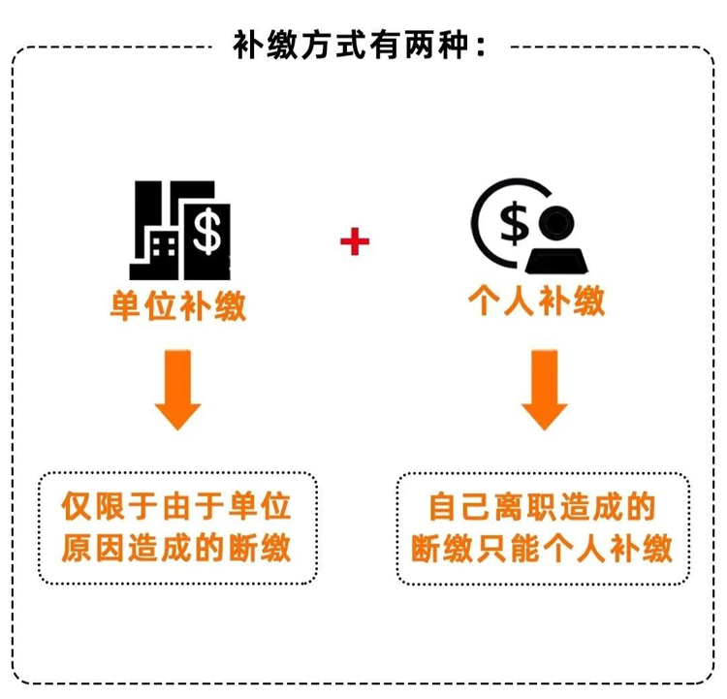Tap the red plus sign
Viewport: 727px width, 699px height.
tap(355, 241)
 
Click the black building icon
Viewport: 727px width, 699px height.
tap(180, 230)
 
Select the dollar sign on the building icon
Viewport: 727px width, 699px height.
tap(206, 231)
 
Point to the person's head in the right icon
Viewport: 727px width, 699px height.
tap(556, 223)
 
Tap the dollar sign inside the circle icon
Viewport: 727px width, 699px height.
tap(514, 223)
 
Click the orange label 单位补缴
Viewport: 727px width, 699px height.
tap(178, 306)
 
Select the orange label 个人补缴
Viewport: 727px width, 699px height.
tap(537, 302)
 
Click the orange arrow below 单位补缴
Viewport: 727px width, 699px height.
tap(177, 390)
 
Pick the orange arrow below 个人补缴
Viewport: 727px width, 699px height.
tap(545, 390)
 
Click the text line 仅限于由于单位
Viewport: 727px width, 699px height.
tap(176, 506)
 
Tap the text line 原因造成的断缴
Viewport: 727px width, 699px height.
tap(176, 548)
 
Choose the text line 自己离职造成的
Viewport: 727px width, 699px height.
tap(542, 506)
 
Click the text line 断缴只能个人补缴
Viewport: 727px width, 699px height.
tap(542, 548)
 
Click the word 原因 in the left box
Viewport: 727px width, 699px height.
tap(92, 548)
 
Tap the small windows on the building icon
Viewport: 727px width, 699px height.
tap(164, 246)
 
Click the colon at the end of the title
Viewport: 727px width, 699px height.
tap(481, 47)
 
